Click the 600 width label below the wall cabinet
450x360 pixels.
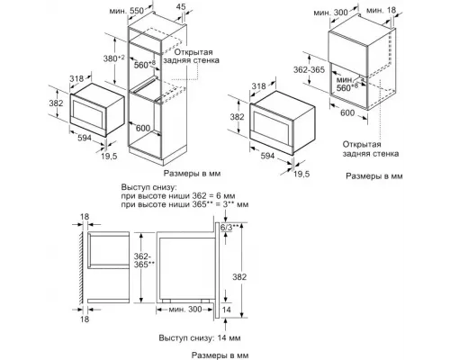pos(347,125)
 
